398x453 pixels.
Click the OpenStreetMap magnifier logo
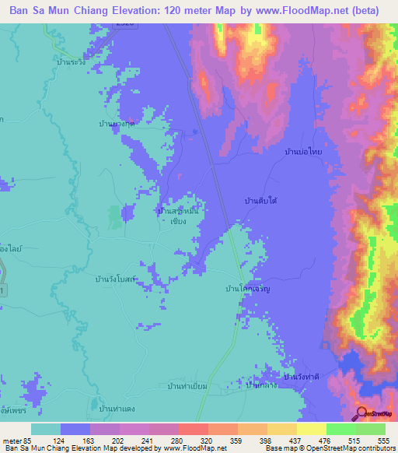point(361,414)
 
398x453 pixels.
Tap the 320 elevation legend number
point(208,442)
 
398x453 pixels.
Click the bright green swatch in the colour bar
point(340,429)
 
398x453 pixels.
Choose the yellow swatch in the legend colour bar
point(311,429)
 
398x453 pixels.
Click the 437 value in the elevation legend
point(295,442)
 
